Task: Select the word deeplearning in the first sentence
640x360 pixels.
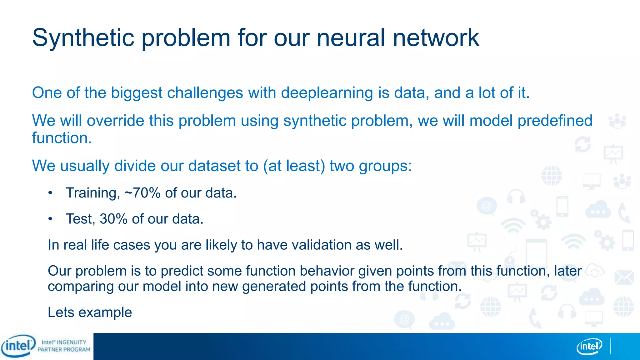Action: click(x=327, y=93)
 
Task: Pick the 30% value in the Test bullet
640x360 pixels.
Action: click(x=113, y=219)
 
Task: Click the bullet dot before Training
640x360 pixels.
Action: click(x=50, y=193)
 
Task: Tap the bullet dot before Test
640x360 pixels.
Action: click(x=50, y=219)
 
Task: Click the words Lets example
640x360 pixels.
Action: click(x=90, y=312)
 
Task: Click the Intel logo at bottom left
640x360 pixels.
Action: click(x=18, y=346)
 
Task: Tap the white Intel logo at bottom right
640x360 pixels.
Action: click(x=589, y=346)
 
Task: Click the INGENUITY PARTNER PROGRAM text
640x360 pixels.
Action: click(x=64, y=346)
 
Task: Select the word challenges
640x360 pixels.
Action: click(x=205, y=93)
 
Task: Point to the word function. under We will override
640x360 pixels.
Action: click(x=62, y=138)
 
